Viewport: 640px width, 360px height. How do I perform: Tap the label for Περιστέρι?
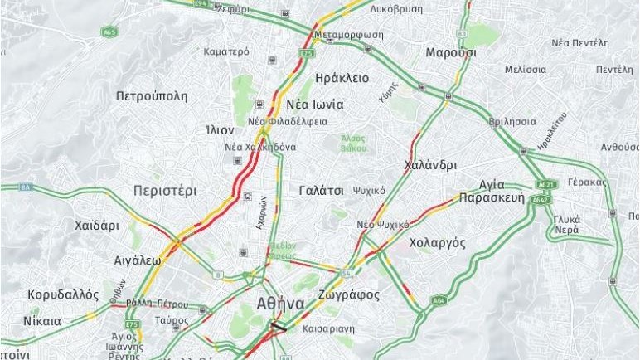[165, 191]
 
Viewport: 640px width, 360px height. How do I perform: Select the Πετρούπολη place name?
[152, 96]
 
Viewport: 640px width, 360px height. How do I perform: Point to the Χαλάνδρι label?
[429, 165]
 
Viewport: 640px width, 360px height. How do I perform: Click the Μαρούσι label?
[450, 52]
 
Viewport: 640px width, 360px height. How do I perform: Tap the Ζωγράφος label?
[348, 295]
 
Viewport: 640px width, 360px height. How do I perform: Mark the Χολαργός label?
[437, 243]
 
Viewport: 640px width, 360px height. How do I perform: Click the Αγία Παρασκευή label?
[492, 192]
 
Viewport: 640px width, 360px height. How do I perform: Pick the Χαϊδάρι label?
[97, 226]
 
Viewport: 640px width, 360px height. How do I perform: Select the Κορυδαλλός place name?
[64, 295]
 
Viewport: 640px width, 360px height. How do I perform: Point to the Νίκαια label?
[42, 321]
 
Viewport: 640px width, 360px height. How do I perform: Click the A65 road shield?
[109, 32]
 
